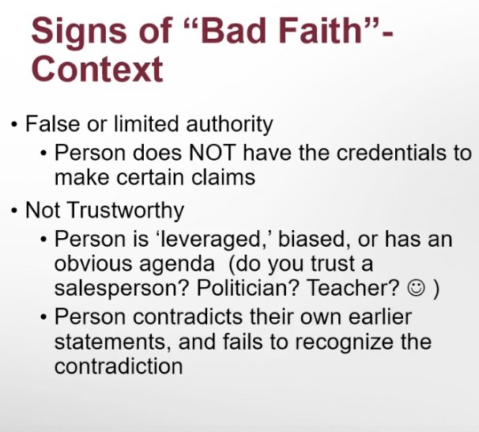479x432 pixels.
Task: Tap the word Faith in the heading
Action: coord(320,31)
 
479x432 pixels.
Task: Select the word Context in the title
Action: coord(97,69)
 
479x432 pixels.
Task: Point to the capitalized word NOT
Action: coord(213,152)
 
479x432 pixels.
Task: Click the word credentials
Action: coord(396,152)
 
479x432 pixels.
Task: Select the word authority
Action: coord(229,124)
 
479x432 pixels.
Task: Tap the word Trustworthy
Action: coord(126,210)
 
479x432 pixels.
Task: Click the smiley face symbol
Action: coord(416,288)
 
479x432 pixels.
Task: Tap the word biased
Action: coord(315,239)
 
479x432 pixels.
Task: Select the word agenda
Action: coord(177,264)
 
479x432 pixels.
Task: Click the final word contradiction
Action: coord(119,366)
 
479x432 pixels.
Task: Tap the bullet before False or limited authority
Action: coord(13,125)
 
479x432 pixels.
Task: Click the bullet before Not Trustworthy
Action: coord(13,211)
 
